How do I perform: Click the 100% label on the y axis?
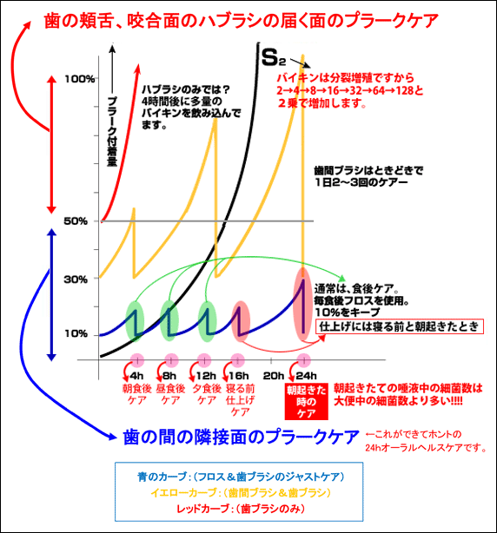pyautogui.click(x=80, y=79)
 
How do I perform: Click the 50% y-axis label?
pyautogui.click(x=76, y=221)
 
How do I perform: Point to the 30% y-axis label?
pyautogui.click(x=76, y=280)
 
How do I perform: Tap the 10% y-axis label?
pyautogui.click(x=76, y=333)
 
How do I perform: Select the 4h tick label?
pyautogui.click(x=136, y=376)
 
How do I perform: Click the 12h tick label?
pyautogui.click(x=206, y=376)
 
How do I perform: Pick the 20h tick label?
pyautogui.click(x=274, y=376)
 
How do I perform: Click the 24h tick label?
pyautogui.click(x=307, y=376)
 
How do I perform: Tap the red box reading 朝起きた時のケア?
pyautogui.click(x=306, y=402)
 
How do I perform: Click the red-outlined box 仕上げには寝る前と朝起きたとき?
pyautogui.click(x=400, y=326)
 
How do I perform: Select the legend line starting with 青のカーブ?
pyautogui.click(x=241, y=477)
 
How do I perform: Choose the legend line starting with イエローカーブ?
pyautogui.click(x=241, y=492)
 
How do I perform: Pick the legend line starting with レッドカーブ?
pyautogui.click(x=241, y=509)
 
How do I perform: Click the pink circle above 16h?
pyautogui.click(x=237, y=360)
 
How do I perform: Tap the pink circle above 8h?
pyautogui.click(x=171, y=360)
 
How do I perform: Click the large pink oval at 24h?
pyautogui.click(x=302, y=304)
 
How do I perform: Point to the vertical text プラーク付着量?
pyautogui.click(x=112, y=132)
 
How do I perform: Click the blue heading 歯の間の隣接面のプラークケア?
pyautogui.click(x=241, y=437)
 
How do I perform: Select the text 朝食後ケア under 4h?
pyautogui.click(x=136, y=394)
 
